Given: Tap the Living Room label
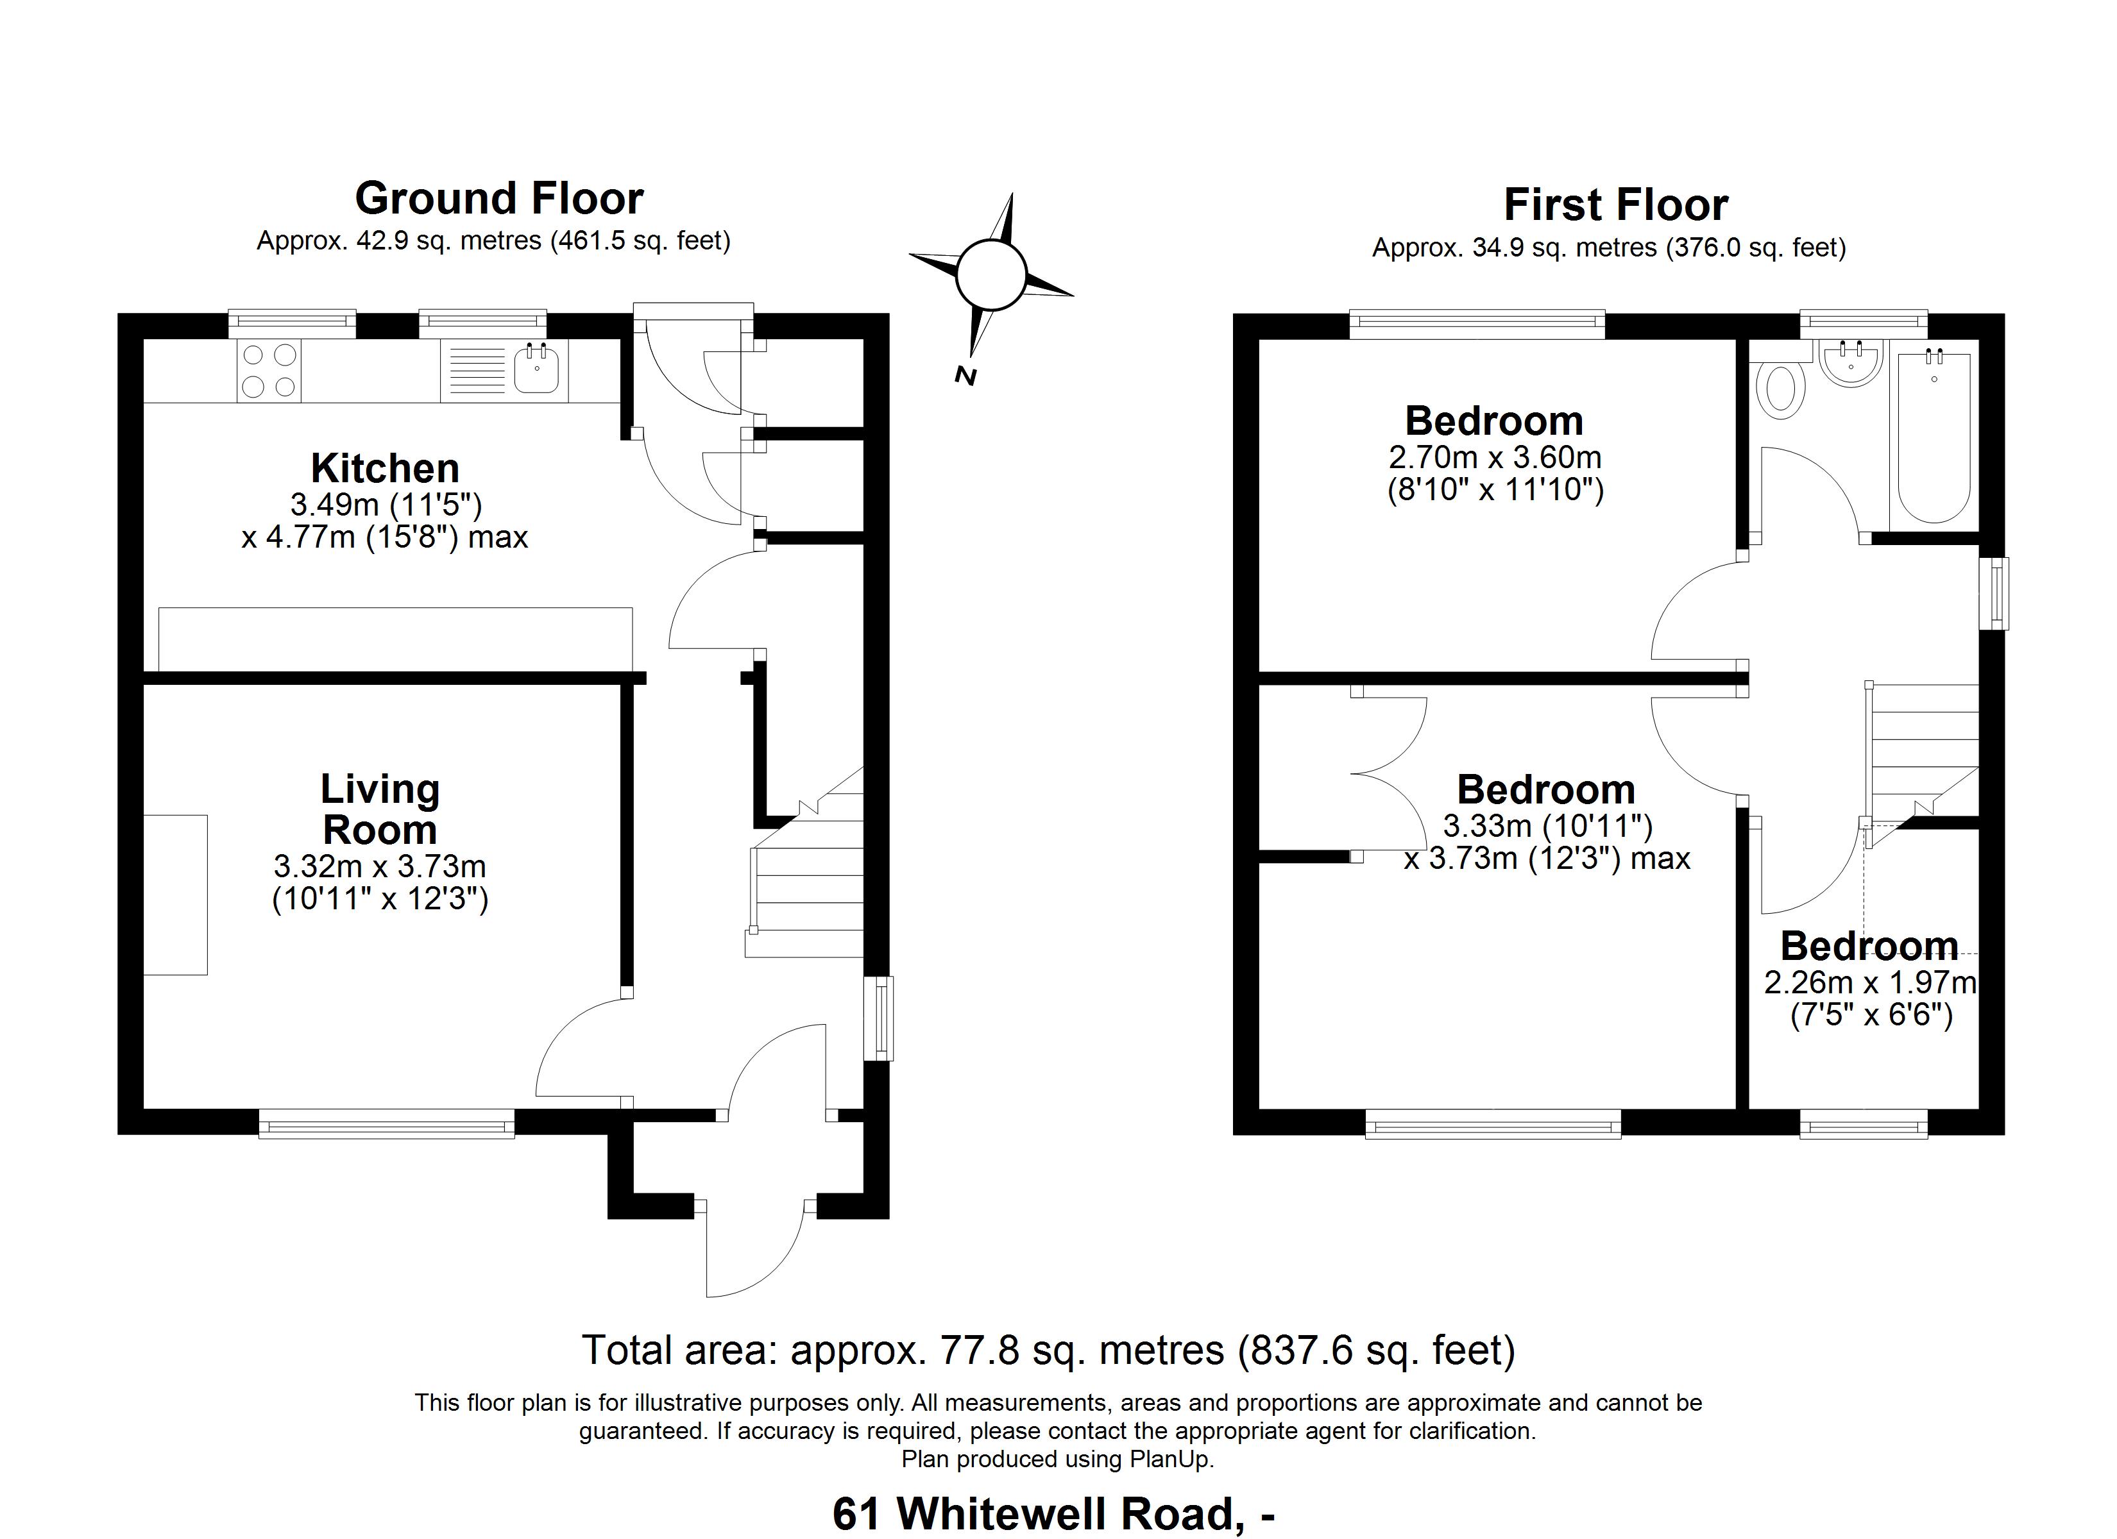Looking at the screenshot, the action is [x=380, y=809].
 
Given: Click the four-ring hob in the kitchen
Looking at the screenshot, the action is [x=269, y=371].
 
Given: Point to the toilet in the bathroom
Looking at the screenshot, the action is [x=1781, y=390].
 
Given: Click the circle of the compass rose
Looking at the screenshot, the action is [x=991, y=274].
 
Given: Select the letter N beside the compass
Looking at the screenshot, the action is [x=965, y=376].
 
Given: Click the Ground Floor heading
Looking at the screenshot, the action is [x=499, y=199].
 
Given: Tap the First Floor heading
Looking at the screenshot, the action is [x=1616, y=205].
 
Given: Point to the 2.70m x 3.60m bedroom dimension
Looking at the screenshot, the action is [x=1495, y=457].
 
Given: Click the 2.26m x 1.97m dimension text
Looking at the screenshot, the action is [x=1869, y=983].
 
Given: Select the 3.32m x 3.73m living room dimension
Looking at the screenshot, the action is [x=380, y=866].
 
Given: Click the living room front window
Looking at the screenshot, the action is [x=386, y=1123].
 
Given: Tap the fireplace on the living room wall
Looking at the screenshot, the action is [x=176, y=895].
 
